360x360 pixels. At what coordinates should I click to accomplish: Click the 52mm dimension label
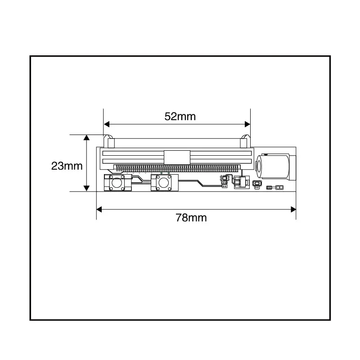point(180,116)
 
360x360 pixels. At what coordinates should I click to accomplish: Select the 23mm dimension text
point(67,166)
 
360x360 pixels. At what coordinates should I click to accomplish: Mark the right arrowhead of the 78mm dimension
point(293,209)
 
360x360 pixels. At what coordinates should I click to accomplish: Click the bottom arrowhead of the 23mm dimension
point(86,189)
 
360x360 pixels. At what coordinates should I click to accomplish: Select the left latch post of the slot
point(109,141)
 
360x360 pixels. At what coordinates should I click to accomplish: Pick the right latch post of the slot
point(246,141)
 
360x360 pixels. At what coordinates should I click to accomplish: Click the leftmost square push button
point(117,183)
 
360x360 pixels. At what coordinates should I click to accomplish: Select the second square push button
point(164,183)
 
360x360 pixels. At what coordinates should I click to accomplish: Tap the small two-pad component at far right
point(279,187)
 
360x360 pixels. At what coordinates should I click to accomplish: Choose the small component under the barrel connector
point(257,184)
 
